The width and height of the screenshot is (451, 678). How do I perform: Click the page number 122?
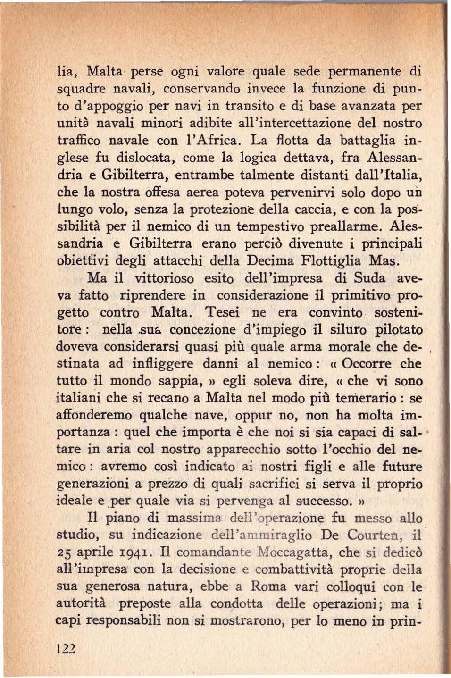coord(66,648)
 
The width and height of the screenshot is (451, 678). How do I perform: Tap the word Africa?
coord(222,141)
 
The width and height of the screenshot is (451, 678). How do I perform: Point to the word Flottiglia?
coord(333,260)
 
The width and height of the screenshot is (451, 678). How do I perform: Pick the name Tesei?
coord(223,312)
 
